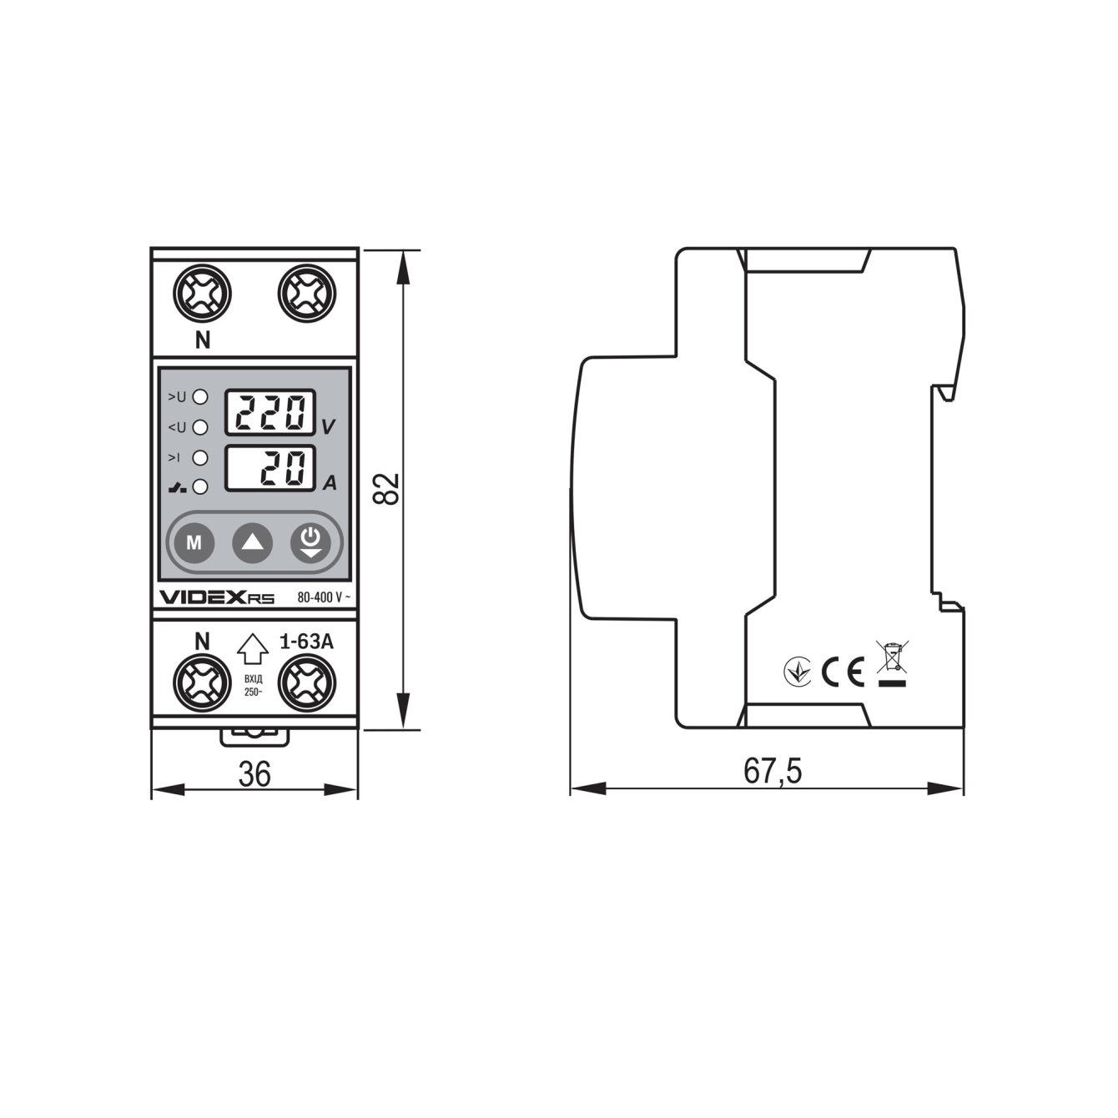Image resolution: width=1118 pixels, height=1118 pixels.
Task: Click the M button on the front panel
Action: [x=194, y=543]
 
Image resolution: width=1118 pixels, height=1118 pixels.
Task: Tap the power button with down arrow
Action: [x=310, y=542]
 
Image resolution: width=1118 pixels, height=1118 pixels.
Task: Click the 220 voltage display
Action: [x=270, y=412]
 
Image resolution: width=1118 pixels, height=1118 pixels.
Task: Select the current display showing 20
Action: [x=270, y=469]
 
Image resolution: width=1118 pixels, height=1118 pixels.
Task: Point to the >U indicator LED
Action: [x=200, y=397]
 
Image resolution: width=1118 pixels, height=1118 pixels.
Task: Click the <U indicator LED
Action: [x=200, y=427]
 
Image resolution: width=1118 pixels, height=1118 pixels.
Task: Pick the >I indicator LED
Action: [x=200, y=457]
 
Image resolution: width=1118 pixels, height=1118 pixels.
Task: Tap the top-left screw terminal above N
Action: [x=202, y=294]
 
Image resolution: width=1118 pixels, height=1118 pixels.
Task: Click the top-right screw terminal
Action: [x=306, y=294]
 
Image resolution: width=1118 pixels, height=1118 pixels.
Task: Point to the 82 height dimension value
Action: [x=387, y=489]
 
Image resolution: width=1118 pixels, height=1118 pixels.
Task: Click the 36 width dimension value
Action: [x=254, y=774]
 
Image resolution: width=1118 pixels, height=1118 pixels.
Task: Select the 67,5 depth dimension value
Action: [x=772, y=772]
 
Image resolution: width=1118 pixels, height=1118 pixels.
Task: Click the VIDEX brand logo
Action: [x=204, y=597]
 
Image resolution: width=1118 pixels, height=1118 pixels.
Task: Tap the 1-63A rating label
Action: [x=306, y=642]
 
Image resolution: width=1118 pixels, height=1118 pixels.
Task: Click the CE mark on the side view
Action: [x=843, y=671]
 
